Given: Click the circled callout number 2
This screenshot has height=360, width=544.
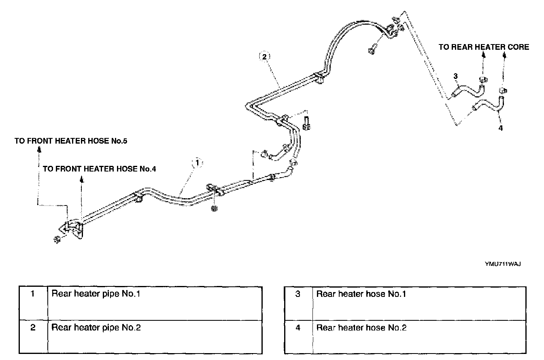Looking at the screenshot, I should pyautogui.click(x=263, y=57).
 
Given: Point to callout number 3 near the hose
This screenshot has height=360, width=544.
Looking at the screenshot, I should pyautogui.click(x=455, y=76).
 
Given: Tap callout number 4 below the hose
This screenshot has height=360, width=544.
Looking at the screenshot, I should pyautogui.click(x=501, y=128).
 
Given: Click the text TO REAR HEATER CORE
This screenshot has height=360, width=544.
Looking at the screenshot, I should pyautogui.click(x=484, y=47).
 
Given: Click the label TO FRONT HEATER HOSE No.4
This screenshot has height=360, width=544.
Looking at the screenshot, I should pyautogui.click(x=100, y=169).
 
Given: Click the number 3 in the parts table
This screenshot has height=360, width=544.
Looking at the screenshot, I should pyautogui.click(x=298, y=294).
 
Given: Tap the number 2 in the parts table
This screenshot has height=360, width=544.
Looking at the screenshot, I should pyautogui.click(x=33, y=328).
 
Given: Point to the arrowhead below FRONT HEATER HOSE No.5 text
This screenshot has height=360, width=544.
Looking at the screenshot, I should pyautogui.click(x=39, y=149).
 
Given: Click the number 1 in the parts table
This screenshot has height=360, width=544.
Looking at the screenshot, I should pyautogui.click(x=33, y=294).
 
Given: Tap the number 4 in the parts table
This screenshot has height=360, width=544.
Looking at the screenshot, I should pyautogui.click(x=298, y=328).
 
